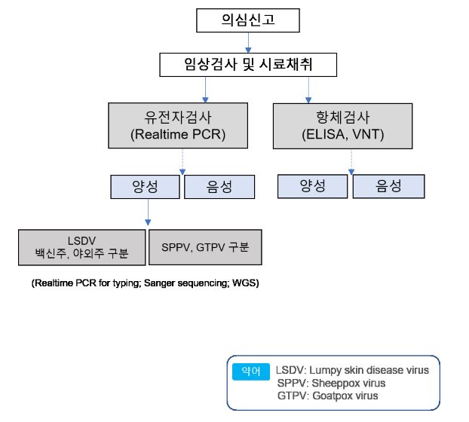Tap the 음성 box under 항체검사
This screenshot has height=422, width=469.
(387, 187)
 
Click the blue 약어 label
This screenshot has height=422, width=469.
(252, 371)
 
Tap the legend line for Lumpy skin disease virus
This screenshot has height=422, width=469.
(352, 370)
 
